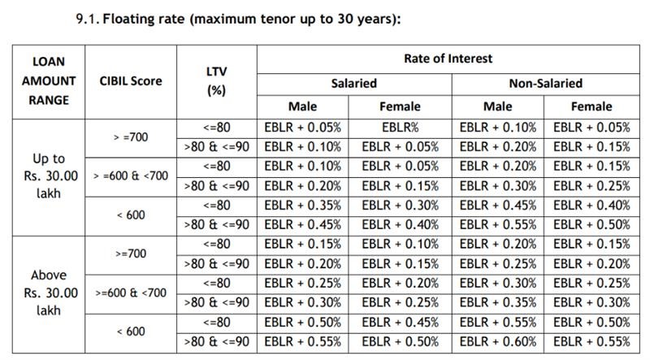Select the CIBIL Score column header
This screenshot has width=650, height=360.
pos(131,81)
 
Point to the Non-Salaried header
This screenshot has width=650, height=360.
pos(545,83)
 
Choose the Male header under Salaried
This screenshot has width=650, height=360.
pos(302,106)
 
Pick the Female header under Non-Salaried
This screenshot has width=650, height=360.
pos(591,106)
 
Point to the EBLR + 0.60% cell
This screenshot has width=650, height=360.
pos(498,341)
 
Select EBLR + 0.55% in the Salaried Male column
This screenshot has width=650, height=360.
pos(302,341)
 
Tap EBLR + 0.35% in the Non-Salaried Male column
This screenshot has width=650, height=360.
pos(498,302)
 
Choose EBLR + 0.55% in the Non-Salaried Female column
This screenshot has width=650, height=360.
pos(591,341)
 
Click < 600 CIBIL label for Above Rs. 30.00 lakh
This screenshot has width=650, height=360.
pos(131,332)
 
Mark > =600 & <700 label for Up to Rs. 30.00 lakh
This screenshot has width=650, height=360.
pos(131,176)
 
